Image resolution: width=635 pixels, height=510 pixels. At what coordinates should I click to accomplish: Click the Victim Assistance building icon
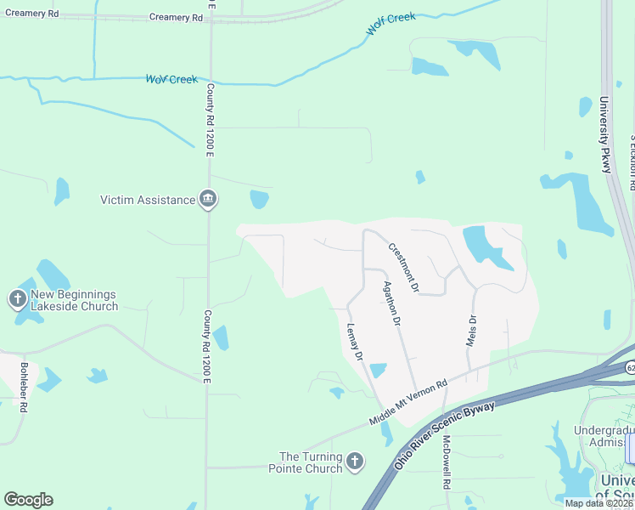[208, 200]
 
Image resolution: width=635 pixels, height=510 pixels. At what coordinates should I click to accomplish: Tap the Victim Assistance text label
[148, 200]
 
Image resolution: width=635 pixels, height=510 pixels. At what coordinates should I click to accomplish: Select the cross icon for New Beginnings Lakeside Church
[17, 299]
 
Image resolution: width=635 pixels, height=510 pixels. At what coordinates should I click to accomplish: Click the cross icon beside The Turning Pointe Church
[354, 462]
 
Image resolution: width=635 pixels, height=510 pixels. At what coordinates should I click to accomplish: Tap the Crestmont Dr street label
[404, 268]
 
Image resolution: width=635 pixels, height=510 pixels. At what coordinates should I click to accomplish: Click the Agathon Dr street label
[391, 303]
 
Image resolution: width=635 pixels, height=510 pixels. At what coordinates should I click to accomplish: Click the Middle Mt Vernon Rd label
[408, 403]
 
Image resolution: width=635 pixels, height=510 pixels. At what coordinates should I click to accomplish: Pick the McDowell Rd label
[447, 462]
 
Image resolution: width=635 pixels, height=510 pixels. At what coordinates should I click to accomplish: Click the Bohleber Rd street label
[25, 388]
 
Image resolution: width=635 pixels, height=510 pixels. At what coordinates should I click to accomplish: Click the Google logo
[28, 500]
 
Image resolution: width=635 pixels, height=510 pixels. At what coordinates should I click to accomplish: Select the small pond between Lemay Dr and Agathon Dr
[378, 371]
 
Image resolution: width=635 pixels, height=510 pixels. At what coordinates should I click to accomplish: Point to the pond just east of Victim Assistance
[259, 200]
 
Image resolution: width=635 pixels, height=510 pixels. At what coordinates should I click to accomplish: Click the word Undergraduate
[604, 430]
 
